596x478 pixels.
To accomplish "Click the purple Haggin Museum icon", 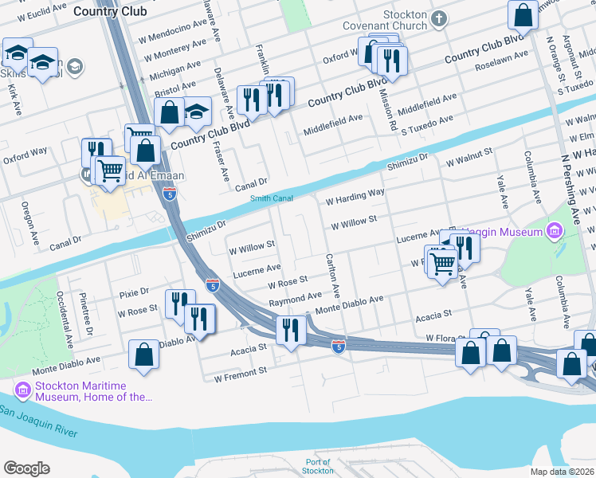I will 554,232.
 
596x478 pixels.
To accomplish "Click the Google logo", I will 26,468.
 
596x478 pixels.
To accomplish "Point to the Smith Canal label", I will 272,198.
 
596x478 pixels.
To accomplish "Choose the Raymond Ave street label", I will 295,299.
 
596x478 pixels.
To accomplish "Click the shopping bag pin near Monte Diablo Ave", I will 143,355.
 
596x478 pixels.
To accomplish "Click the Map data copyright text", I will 563,471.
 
